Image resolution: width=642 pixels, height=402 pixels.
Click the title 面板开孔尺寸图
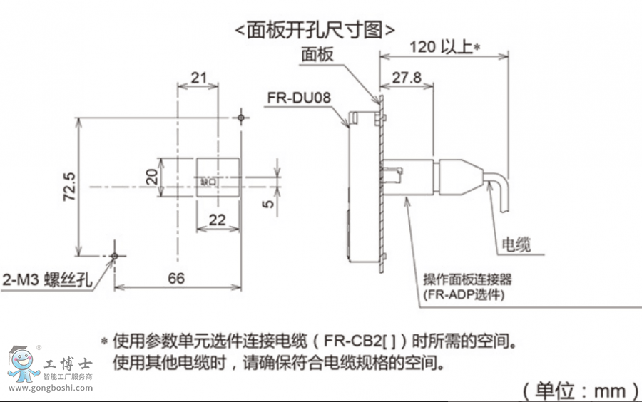tap(314, 29)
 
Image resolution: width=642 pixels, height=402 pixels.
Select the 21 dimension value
tap(198, 77)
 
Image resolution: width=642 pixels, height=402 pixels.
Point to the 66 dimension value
tap(175, 277)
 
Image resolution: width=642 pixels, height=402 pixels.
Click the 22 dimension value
tap(217, 220)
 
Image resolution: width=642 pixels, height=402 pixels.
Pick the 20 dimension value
tap(152, 176)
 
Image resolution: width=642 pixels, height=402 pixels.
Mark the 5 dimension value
tap(267, 203)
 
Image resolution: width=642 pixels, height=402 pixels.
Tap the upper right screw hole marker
tap(243, 116)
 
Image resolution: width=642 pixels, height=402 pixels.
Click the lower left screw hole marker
tap(114, 255)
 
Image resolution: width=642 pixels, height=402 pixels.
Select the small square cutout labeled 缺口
tap(208, 183)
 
